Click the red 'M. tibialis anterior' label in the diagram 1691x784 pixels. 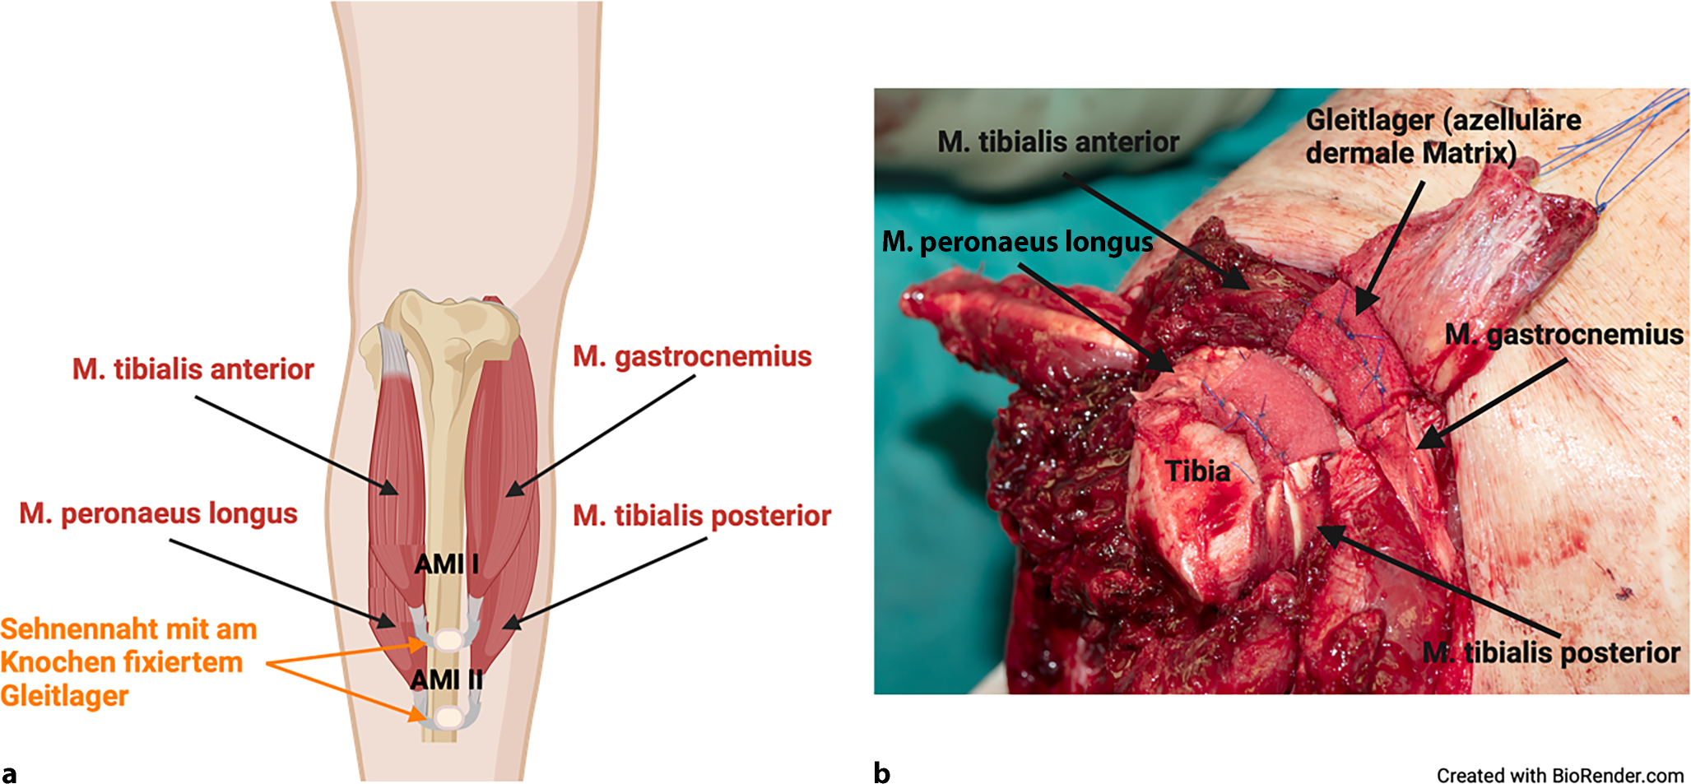click(x=193, y=369)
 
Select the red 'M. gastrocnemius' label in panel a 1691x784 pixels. click(x=692, y=356)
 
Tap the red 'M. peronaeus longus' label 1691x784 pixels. click(x=158, y=513)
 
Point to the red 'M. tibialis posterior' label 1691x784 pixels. click(x=702, y=516)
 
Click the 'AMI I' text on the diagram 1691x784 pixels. click(x=446, y=564)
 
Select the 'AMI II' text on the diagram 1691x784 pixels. click(x=447, y=680)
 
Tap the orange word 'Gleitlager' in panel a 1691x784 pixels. click(x=64, y=696)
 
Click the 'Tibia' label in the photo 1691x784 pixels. click(x=1197, y=471)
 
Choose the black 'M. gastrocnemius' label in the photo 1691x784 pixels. click(x=1563, y=335)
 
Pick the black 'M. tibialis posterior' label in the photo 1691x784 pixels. click(x=1551, y=653)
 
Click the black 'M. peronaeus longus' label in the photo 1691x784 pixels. click(x=1017, y=242)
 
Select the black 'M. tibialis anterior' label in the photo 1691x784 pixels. click(x=1058, y=142)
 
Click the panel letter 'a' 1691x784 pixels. click(x=9, y=773)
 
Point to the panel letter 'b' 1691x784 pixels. click(x=881, y=773)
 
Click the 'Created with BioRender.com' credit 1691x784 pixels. click(x=1559, y=776)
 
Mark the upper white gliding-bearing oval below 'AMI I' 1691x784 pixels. click(x=449, y=639)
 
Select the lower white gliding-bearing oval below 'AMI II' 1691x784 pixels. click(x=448, y=718)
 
